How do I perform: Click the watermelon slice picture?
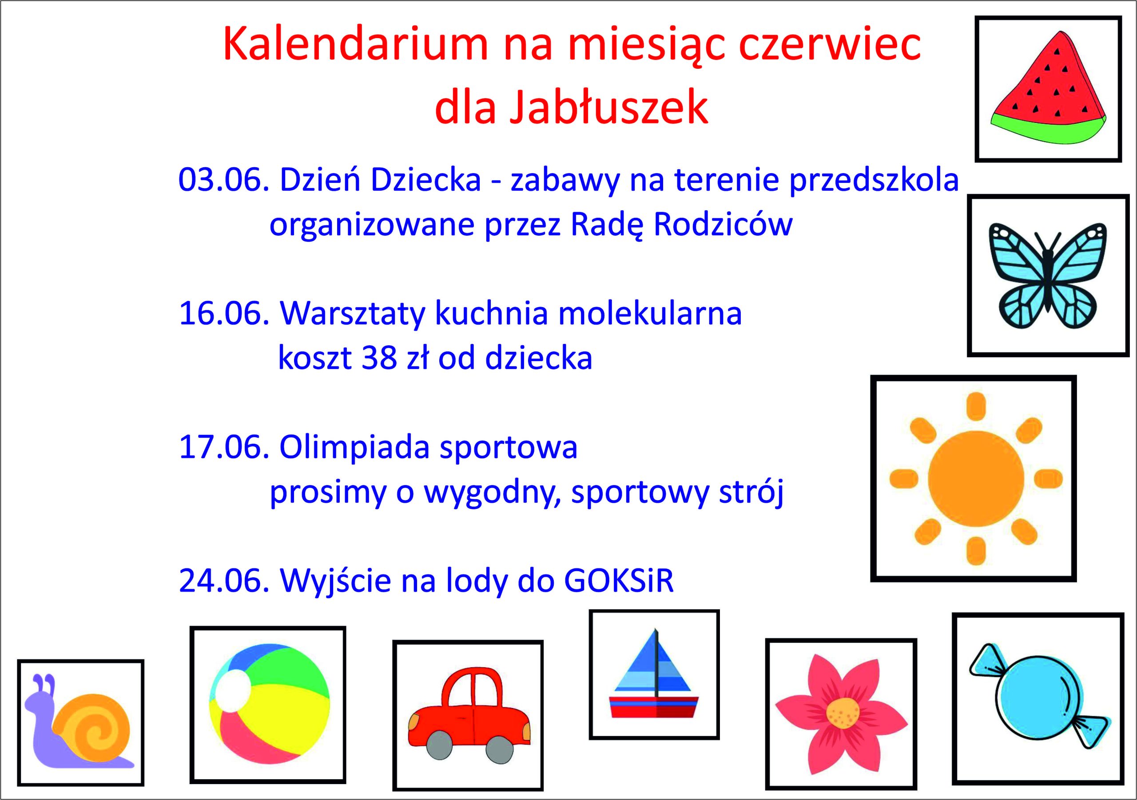1050,94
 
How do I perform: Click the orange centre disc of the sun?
976,478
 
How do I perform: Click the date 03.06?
223,180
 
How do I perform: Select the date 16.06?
223,314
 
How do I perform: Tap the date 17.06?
223,447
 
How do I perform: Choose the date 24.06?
223,581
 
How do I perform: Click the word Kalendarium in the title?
355,43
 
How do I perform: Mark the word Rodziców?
723,225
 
